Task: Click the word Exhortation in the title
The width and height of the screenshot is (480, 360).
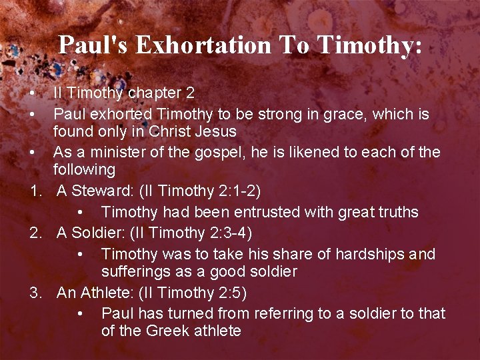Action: [x=204, y=45]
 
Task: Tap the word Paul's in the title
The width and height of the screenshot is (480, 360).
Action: [x=94, y=45]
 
